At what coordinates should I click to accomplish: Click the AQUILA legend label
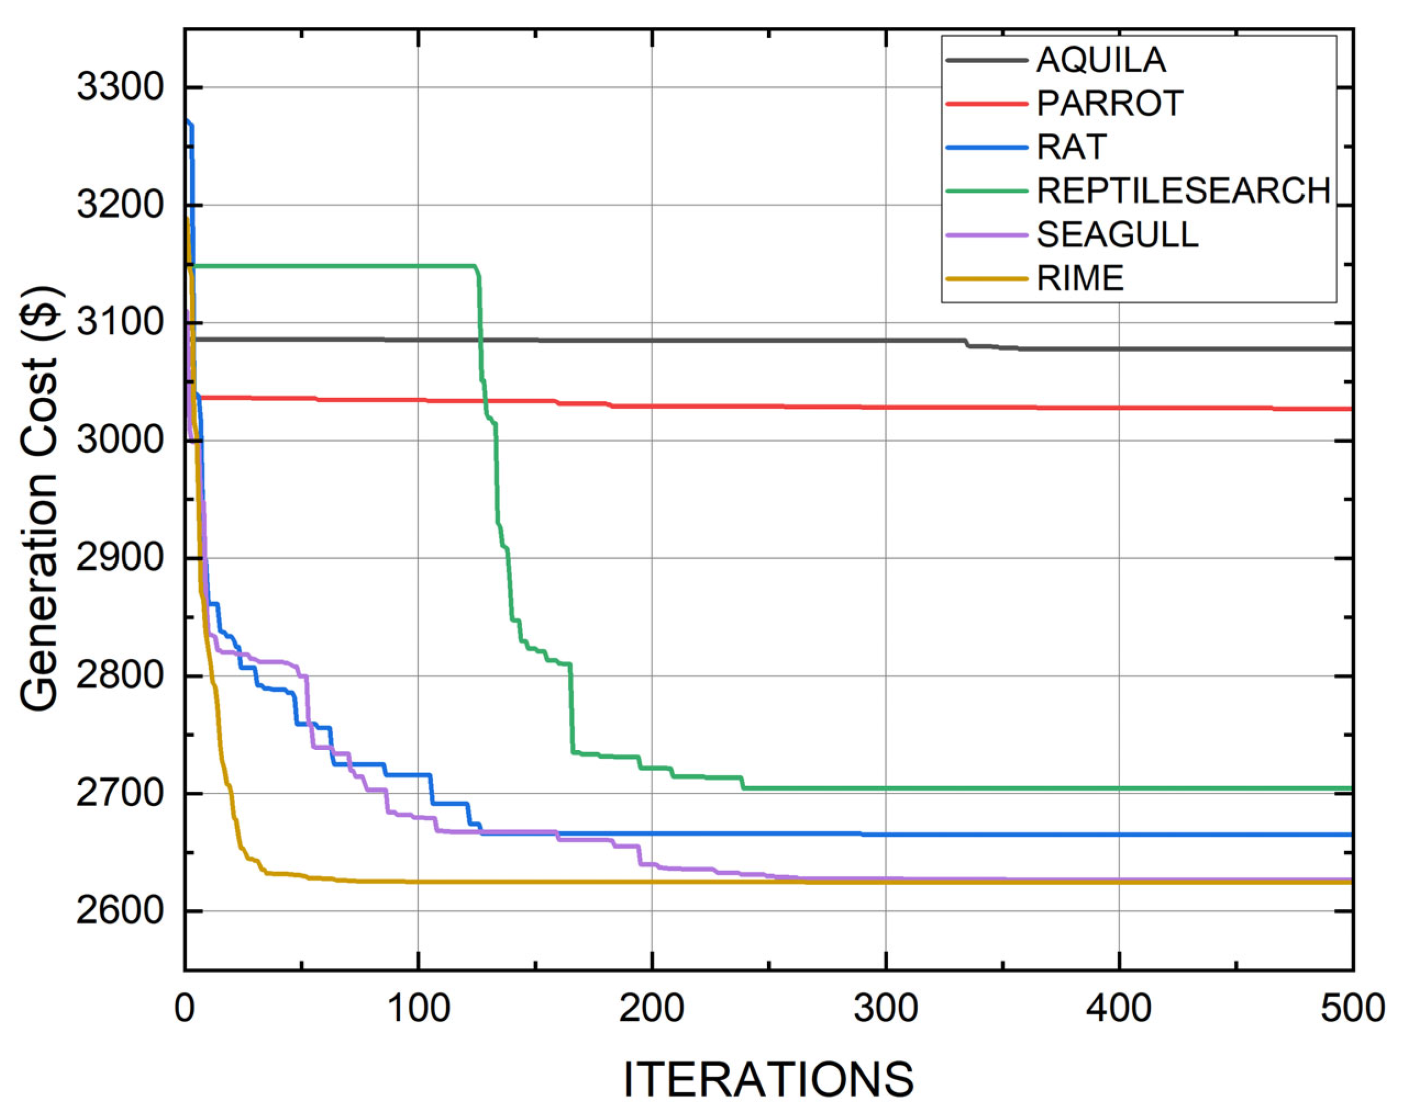(1101, 60)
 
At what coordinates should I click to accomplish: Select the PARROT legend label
(1110, 104)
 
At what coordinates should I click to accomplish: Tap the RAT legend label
(1071, 147)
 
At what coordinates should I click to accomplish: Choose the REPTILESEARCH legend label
(1183, 191)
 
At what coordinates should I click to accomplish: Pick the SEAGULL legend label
(1117, 235)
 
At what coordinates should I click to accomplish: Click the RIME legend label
(1080, 278)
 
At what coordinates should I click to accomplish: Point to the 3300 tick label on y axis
(120, 87)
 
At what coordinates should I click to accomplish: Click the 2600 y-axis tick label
(120, 911)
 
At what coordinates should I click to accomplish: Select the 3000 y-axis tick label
(120, 440)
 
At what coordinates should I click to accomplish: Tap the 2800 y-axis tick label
(120, 676)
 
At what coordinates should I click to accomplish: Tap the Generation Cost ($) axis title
(40, 499)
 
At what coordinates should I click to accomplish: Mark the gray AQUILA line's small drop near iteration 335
(968, 343)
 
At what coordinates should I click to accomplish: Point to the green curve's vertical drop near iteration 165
(572, 709)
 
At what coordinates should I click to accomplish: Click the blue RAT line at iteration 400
(1119, 835)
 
